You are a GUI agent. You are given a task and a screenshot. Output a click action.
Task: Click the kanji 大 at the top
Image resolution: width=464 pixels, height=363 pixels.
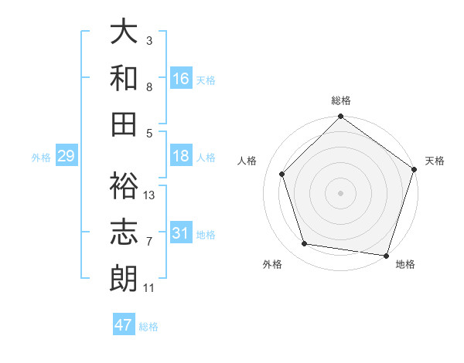125,32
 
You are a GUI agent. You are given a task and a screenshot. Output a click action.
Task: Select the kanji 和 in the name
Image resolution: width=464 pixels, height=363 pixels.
125,78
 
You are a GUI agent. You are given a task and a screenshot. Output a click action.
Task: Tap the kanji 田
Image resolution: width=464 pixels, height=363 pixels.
125,124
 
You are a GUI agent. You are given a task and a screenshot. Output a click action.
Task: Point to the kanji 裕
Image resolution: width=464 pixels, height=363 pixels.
125,185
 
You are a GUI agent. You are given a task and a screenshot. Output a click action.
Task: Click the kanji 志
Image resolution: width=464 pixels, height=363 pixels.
125,232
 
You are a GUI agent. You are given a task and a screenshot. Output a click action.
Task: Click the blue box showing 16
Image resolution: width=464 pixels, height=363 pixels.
181,78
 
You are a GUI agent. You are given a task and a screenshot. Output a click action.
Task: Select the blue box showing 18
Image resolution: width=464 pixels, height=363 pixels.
181,156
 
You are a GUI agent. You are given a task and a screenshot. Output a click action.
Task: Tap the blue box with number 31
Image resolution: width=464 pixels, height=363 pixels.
181,233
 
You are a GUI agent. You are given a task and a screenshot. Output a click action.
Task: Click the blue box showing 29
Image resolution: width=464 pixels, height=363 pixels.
66,157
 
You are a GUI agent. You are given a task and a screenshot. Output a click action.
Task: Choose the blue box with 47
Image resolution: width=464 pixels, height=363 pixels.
124,325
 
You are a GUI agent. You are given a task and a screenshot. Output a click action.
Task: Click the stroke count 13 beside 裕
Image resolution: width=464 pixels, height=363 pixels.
149,195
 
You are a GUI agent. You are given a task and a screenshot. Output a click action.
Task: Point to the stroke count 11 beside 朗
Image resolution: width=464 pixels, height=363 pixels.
148,289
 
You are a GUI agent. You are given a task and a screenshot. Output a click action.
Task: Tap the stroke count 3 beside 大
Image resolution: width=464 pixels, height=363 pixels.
148,39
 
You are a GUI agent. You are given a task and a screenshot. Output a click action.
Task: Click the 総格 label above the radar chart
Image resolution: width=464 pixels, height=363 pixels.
341,101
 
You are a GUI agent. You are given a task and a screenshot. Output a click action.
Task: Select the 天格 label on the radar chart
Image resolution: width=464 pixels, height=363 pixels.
435,161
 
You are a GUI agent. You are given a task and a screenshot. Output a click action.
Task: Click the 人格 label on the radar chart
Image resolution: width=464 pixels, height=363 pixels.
247,161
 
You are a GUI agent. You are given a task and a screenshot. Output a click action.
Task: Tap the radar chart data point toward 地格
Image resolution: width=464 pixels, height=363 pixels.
386,255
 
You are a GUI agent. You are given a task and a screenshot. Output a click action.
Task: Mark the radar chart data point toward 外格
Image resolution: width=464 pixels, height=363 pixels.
305,244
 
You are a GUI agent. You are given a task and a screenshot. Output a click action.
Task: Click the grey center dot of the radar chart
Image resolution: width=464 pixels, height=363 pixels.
341,192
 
